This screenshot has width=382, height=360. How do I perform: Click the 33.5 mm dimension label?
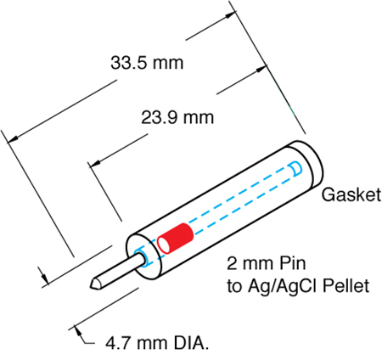point(147,63)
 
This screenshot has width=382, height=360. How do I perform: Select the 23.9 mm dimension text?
point(177,117)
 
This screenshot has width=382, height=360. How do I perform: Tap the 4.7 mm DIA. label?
point(157,343)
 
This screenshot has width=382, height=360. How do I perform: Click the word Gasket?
point(351,194)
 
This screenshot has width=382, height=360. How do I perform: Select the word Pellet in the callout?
point(346,286)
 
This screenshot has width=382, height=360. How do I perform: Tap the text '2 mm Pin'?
point(267,263)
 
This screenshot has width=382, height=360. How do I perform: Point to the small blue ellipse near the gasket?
point(295,169)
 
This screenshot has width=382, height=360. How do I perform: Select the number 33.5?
point(129,63)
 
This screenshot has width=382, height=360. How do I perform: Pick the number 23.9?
point(160,117)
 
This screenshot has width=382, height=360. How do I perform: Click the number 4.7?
point(118,343)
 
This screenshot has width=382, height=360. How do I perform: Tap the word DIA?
point(191,343)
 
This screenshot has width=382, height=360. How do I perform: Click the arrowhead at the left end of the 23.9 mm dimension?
point(95,163)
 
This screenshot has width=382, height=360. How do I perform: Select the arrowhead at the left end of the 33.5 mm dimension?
point(13,139)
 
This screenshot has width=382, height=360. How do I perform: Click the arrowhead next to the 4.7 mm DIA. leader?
point(76,330)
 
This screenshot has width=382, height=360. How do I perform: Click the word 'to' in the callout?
point(233,287)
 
